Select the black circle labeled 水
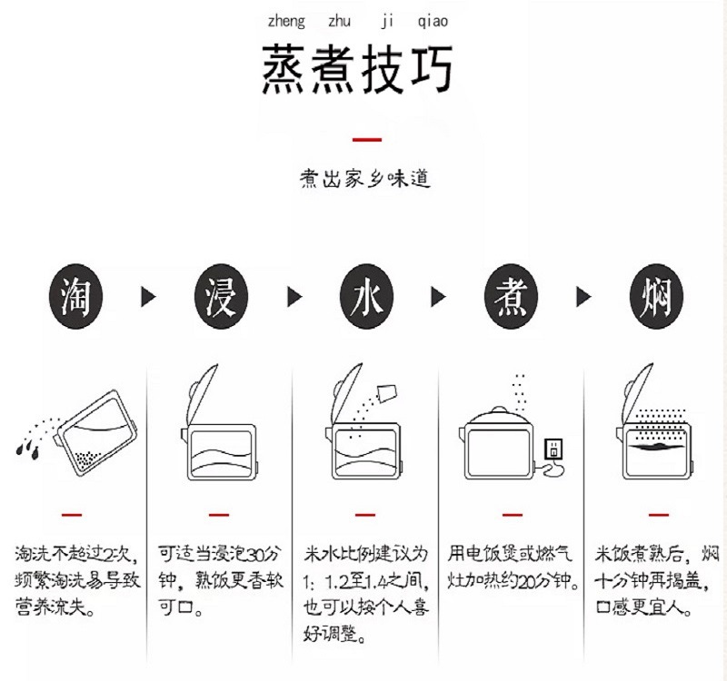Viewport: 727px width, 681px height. tap(364, 296)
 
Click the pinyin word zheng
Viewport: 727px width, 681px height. tap(286, 21)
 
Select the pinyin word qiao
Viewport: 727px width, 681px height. tap(433, 21)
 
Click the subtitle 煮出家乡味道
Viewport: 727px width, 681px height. tap(365, 179)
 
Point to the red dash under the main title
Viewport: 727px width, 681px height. tap(365, 139)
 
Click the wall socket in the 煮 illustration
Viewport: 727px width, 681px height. tap(552, 449)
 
